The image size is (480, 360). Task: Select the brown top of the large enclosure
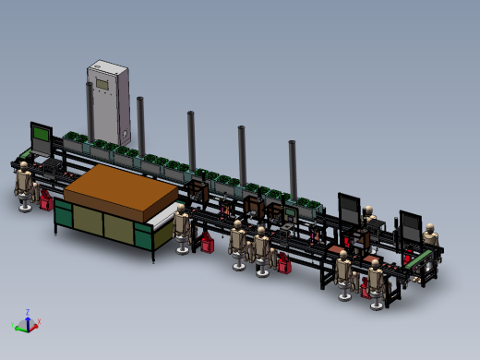(x=121, y=190)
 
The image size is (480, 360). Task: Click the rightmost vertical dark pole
(x=293, y=166)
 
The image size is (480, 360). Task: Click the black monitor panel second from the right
(x=349, y=209)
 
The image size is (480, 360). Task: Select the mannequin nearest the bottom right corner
(x=376, y=281)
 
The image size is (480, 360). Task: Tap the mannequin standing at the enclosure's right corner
(x=181, y=227)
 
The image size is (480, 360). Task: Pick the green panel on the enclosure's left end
(x=63, y=216)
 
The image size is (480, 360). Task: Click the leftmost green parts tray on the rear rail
(x=73, y=142)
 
